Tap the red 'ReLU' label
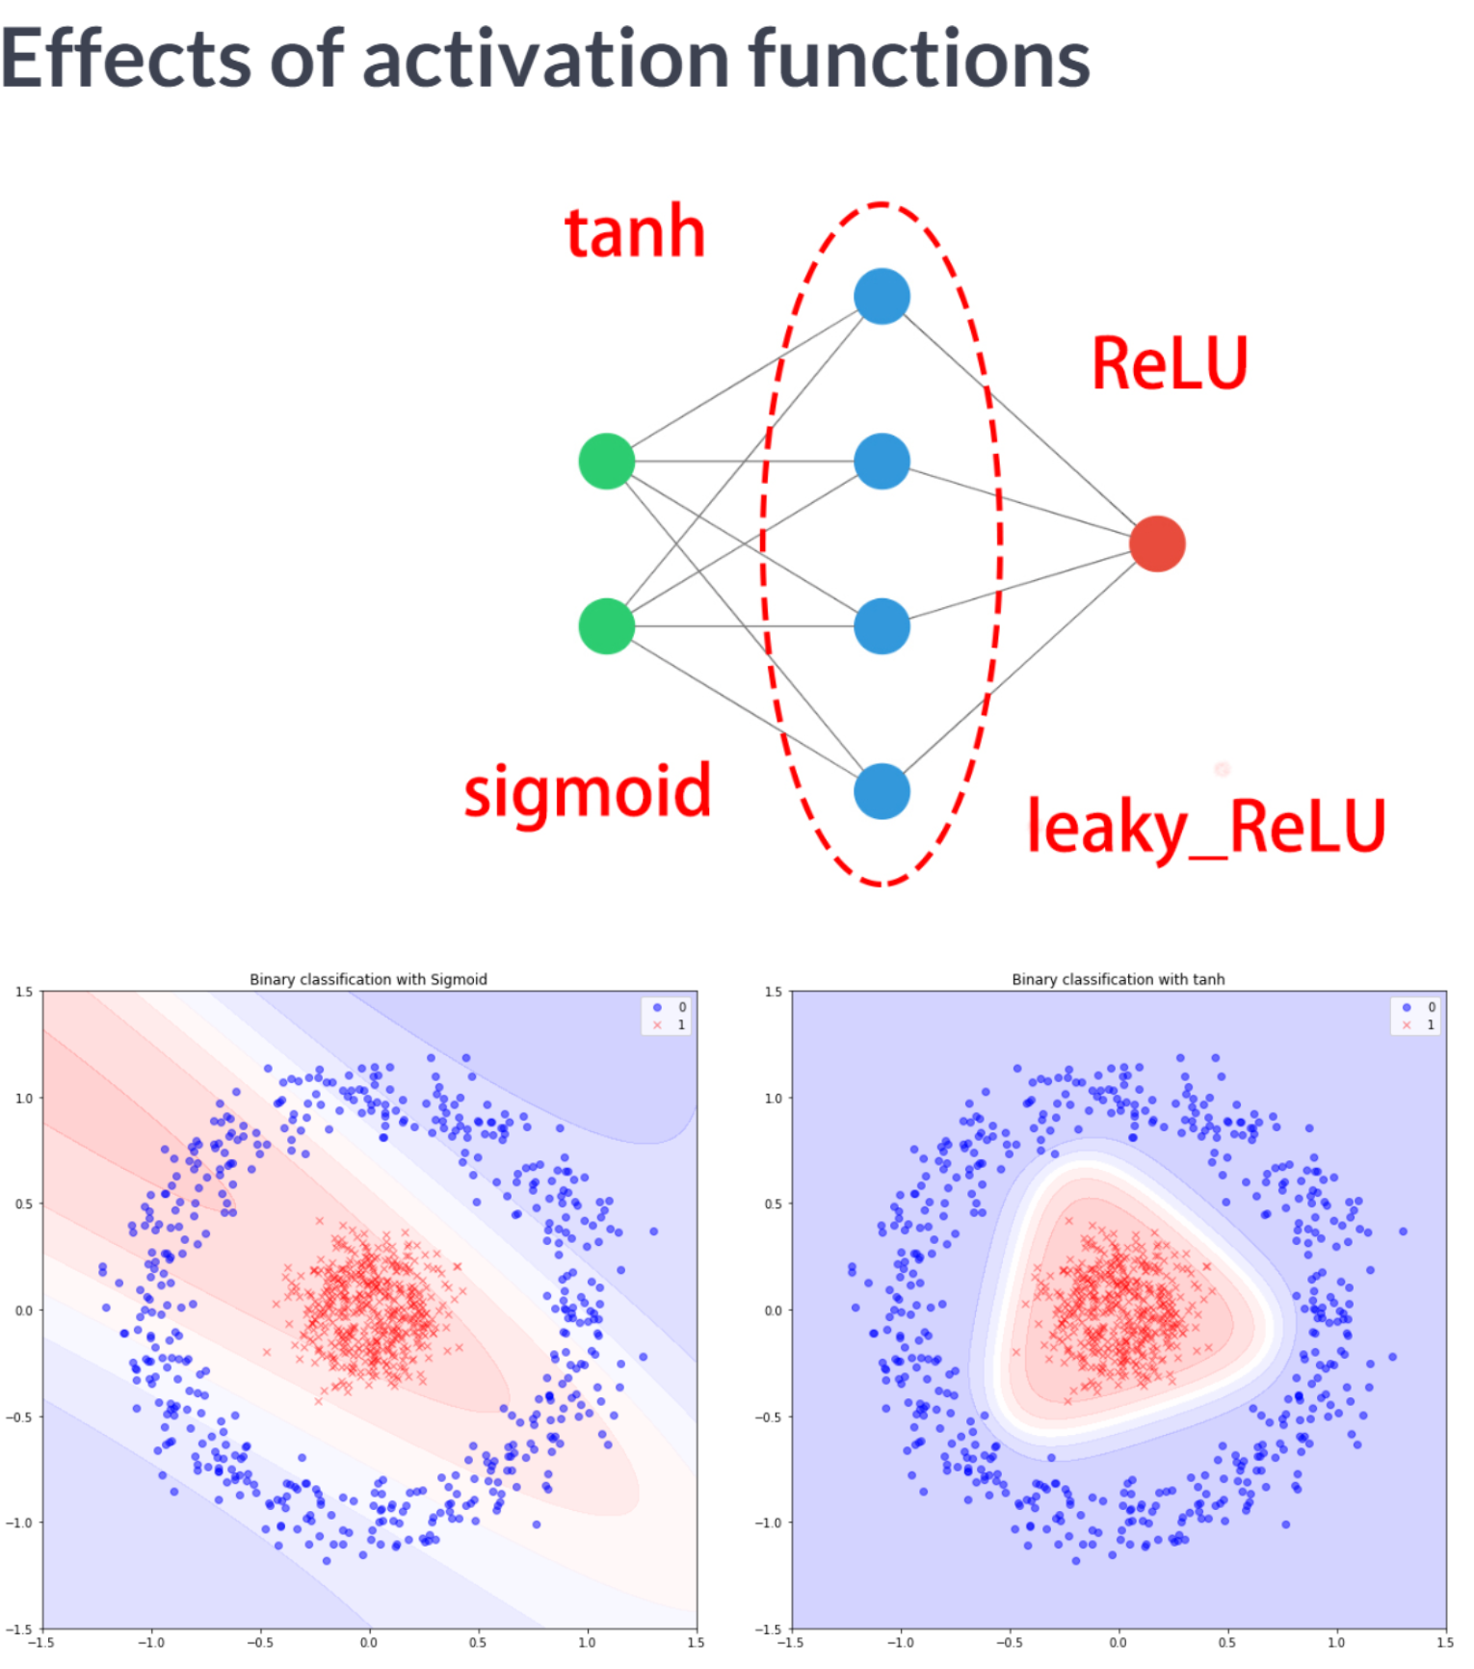1169,363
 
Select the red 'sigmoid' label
587,792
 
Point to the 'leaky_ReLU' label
1205,827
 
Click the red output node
1156,543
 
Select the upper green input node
606,462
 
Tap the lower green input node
606,626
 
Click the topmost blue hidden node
882,296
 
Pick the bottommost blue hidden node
882,791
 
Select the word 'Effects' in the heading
125,60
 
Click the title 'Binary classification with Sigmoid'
368,979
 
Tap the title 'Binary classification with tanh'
1118,979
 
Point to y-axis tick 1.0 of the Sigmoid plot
23,1098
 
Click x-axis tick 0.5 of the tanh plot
1226,1642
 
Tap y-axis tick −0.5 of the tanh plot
770,1417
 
